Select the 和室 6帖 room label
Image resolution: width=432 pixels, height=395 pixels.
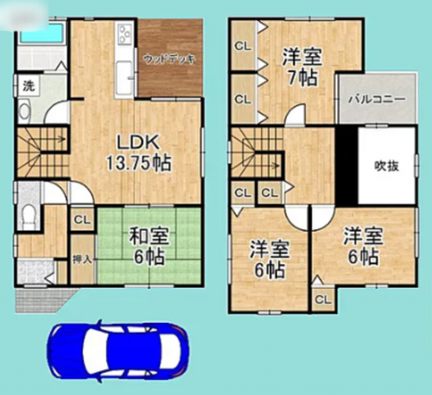pos(148,245)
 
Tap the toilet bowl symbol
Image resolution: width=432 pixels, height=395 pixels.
pos(30,215)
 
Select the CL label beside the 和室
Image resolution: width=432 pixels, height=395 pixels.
pos(81,220)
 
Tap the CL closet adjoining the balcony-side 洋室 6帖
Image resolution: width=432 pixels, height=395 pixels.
pos(322,299)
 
